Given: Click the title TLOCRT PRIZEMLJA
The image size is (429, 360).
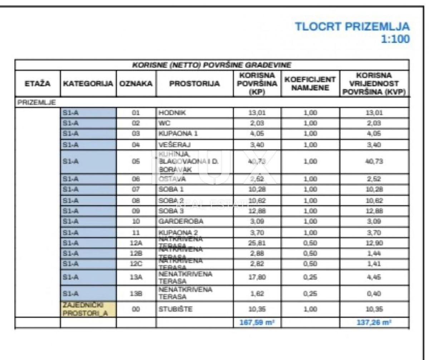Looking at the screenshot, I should tap(352, 26).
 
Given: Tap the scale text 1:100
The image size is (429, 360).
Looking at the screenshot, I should tap(395, 39).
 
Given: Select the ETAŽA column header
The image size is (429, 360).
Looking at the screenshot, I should tap(37, 84).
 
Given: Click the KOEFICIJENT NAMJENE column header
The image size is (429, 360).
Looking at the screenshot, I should tap(310, 84).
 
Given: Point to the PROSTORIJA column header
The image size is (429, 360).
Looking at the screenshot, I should tap(194, 84).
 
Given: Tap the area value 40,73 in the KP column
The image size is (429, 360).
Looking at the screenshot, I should tap(257, 161).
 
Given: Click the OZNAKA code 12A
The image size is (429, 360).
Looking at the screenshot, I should tap(136, 244).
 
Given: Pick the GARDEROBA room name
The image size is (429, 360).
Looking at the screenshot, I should tap(181, 221).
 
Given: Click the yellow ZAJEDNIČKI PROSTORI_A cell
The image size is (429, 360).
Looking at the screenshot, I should tap(88, 310).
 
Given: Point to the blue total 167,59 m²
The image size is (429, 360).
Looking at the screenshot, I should tap(256, 322).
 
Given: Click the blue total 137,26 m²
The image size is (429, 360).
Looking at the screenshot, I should tap(374, 322).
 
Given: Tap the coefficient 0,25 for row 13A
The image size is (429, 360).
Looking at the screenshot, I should tap(310, 277).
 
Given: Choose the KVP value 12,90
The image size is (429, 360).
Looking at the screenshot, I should tap(374, 244).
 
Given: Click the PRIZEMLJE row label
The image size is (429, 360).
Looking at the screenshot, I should tap(36, 102).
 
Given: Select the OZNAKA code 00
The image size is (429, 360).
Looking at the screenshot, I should tap(136, 310).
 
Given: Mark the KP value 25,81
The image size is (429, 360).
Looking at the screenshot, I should tap(257, 244).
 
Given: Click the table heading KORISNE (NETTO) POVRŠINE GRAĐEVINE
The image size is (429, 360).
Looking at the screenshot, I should tap(212, 65).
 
